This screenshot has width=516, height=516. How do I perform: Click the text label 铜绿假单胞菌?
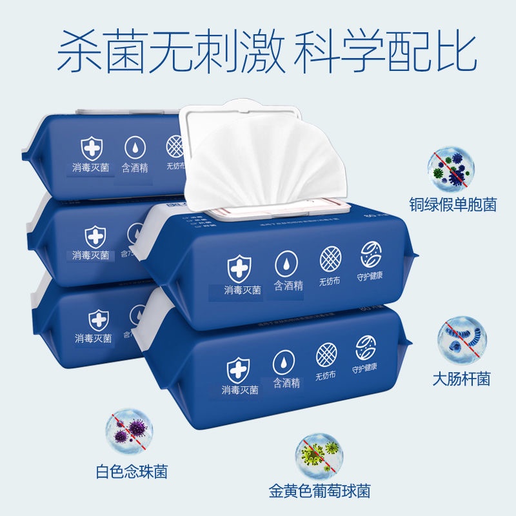pyautogui.click(x=452, y=205)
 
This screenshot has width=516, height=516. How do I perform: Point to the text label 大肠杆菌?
pyautogui.click(x=461, y=378)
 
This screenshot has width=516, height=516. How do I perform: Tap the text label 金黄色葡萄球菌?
pyautogui.click(x=320, y=491)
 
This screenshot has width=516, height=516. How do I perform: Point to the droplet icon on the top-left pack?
pyautogui.click(x=135, y=148)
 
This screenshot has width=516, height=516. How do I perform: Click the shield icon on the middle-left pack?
pyautogui.click(x=95, y=235)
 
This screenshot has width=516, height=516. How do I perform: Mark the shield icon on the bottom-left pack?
pyautogui.click(x=98, y=319)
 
